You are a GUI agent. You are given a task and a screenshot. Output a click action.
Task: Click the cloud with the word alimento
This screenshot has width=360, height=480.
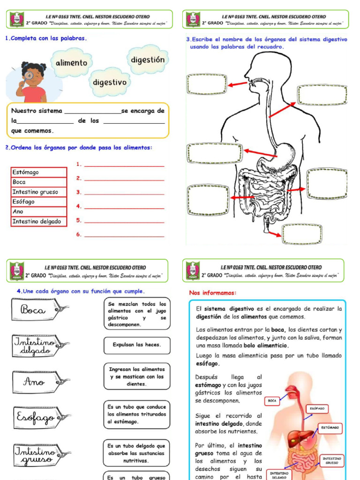point(71,63)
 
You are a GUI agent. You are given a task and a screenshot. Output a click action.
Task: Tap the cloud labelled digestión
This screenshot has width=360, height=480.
point(148,60)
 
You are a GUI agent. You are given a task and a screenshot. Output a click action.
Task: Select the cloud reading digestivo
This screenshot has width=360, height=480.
point(110,82)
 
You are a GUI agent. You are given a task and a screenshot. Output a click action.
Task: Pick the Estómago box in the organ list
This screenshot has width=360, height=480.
point(39,172)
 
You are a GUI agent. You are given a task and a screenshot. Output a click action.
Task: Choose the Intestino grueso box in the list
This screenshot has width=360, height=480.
point(39,192)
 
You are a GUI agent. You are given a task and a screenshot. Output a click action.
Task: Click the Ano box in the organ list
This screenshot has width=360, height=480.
point(39,211)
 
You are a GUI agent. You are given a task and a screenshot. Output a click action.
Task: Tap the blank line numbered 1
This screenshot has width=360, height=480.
point(124,165)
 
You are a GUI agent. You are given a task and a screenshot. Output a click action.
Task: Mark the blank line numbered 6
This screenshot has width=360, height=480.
point(124,235)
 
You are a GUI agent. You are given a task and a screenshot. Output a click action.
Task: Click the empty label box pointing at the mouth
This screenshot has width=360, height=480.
point(207,84)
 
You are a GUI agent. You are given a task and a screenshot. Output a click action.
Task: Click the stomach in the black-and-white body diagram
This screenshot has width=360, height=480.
point(281,155)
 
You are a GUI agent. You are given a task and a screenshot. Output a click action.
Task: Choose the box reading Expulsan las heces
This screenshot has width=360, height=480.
point(137,345)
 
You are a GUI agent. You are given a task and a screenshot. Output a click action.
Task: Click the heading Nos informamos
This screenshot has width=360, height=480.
point(213,293)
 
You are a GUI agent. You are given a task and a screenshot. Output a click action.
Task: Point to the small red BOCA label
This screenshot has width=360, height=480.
point(272,401)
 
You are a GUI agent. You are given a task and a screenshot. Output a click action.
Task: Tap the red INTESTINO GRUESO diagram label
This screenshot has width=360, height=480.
point(332,460)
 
